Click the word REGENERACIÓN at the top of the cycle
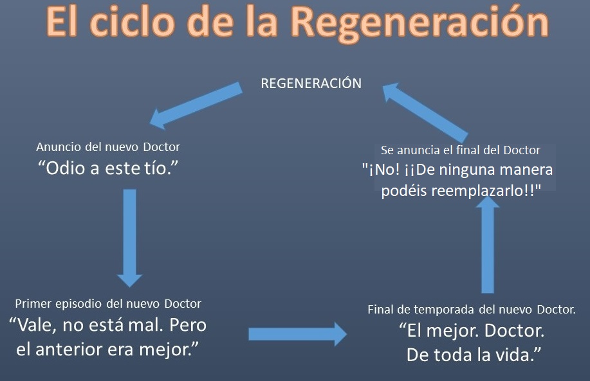pyautogui.click(x=311, y=83)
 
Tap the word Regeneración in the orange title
pyautogui.click(x=420, y=23)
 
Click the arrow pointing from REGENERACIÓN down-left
pyautogui.click(x=196, y=105)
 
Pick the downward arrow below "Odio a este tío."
pyautogui.click(x=129, y=238)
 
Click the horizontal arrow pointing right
pyautogui.click(x=298, y=334)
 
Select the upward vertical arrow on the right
pyautogui.click(x=487, y=244)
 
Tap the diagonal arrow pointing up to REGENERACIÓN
pyautogui.click(x=425, y=112)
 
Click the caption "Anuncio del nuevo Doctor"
pyautogui.click(x=108, y=147)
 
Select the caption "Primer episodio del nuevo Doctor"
pyautogui.click(x=108, y=304)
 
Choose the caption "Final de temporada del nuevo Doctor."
pyautogui.click(x=472, y=310)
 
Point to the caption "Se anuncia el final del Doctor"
pyautogui.click(x=461, y=150)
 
